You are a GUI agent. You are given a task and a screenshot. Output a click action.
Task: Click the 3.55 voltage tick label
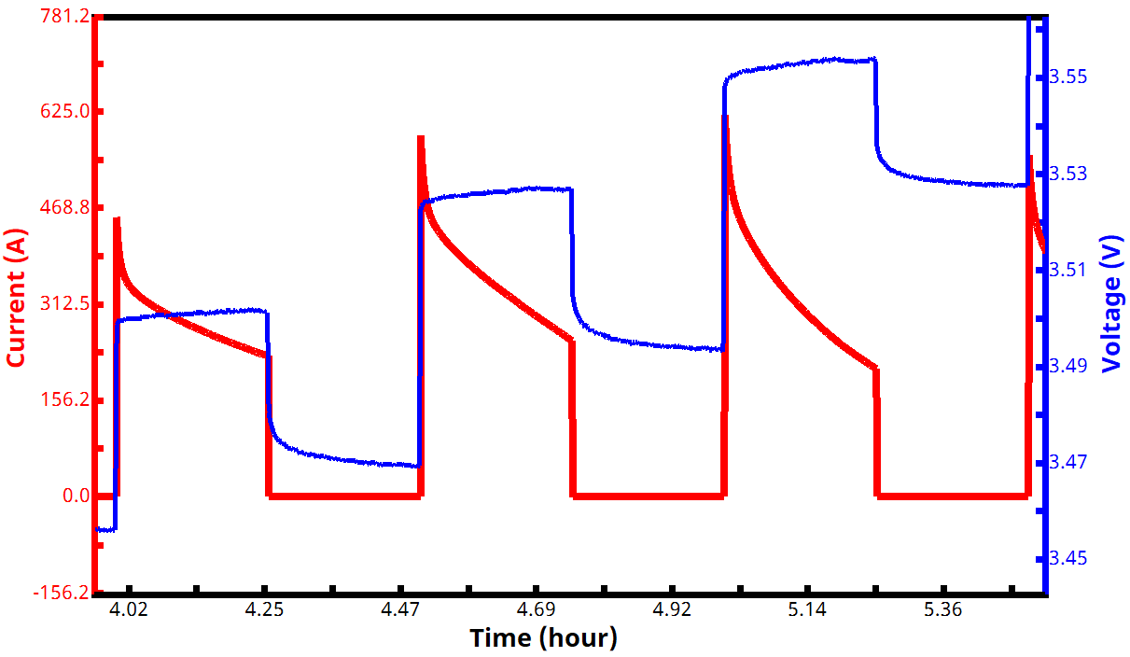point(1068,77)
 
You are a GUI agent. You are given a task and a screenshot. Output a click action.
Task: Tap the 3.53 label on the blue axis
point(1068,174)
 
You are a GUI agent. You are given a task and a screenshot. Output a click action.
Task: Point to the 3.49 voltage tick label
point(1068,366)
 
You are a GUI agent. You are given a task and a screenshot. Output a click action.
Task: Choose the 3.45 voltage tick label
point(1068,558)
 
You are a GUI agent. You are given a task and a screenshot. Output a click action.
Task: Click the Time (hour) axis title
point(543,638)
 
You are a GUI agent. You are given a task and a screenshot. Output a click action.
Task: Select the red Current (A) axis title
point(16,299)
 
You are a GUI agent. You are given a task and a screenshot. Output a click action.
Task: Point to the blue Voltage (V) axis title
point(1111,303)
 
